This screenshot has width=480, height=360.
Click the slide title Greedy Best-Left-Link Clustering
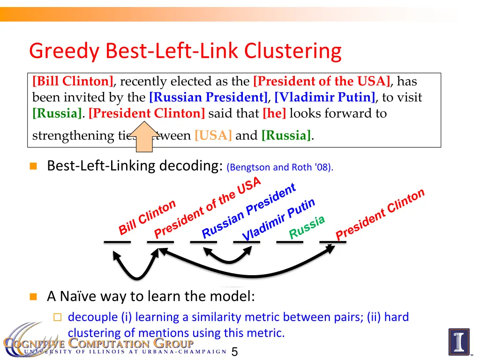(x=185, y=51)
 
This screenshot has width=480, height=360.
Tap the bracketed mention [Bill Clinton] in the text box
(x=73, y=82)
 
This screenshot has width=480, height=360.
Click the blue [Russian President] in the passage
(x=208, y=97)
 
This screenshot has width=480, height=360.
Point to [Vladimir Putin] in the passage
(x=325, y=97)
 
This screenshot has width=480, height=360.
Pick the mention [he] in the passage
(x=275, y=113)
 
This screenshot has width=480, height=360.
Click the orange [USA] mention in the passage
(x=213, y=136)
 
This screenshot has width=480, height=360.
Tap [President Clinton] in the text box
(x=147, y=113)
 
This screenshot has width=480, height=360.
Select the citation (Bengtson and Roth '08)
(x=279, y=168)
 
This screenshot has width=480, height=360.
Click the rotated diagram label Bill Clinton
(x=147, y=217)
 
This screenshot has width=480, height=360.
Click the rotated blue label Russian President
(x=249, y=210)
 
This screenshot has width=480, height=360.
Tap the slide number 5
(x=235, y=352)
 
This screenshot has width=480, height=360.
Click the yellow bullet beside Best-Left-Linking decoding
(x=33, y=166)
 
